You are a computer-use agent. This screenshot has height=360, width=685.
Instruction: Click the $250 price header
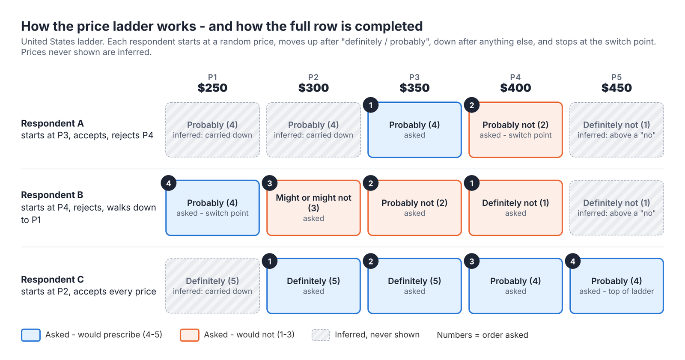pos(212,88)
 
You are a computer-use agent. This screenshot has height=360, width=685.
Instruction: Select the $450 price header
pos(616,88)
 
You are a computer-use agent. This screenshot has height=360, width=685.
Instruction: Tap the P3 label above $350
pos(414,77)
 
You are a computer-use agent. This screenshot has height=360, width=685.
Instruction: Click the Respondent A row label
pos(52,123)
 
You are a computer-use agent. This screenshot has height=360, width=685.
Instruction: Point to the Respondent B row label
pos(52,195)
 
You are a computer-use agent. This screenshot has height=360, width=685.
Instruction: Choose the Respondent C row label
pos(52,279)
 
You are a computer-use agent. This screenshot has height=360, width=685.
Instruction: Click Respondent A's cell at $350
pos(414,130)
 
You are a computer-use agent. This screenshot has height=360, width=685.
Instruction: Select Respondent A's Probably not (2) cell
pos(515,130)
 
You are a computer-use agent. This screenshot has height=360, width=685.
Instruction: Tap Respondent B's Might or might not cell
pos(313,208)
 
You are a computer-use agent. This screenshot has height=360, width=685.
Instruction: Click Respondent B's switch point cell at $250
pos(212,208)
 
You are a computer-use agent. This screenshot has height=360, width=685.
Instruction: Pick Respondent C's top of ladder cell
pos(616,286)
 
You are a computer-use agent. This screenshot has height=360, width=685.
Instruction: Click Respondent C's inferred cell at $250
pos(212,286)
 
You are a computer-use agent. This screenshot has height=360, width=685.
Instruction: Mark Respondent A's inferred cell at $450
pos(616,130)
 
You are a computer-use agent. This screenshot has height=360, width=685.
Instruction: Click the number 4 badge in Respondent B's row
pos(169,183)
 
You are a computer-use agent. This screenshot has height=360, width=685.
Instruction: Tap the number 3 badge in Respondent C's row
pos(471,262)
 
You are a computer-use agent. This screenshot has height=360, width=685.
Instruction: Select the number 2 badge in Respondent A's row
pos(471,106)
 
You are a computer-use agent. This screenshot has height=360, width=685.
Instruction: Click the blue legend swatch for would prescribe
pos(30,335)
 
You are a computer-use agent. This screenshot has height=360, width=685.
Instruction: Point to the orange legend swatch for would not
pos(189,335)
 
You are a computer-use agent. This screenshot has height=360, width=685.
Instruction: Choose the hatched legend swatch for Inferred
pos(321,335)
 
